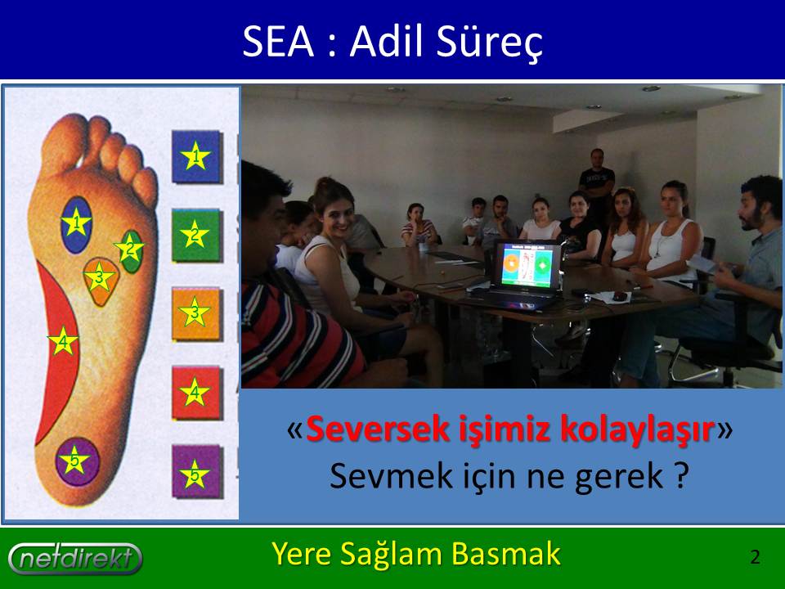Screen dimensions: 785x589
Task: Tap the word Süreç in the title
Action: point(489,43)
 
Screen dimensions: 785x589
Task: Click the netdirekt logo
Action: point(75,558)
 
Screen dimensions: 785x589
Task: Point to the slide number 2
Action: point(755,557)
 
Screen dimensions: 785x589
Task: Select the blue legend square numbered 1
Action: point(196,156)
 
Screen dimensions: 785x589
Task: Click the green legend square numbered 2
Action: point(196,235)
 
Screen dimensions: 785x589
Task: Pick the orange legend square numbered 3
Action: point(196,313)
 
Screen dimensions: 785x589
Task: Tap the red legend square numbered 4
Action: point(196,393)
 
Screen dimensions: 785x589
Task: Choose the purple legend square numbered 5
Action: point(196,471)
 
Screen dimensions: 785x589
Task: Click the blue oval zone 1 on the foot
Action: point(76,224)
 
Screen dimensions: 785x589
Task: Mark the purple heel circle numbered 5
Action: point(77,461)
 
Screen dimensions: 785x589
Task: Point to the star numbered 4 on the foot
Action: point(63,342)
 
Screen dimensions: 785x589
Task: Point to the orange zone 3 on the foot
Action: point(101,281)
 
